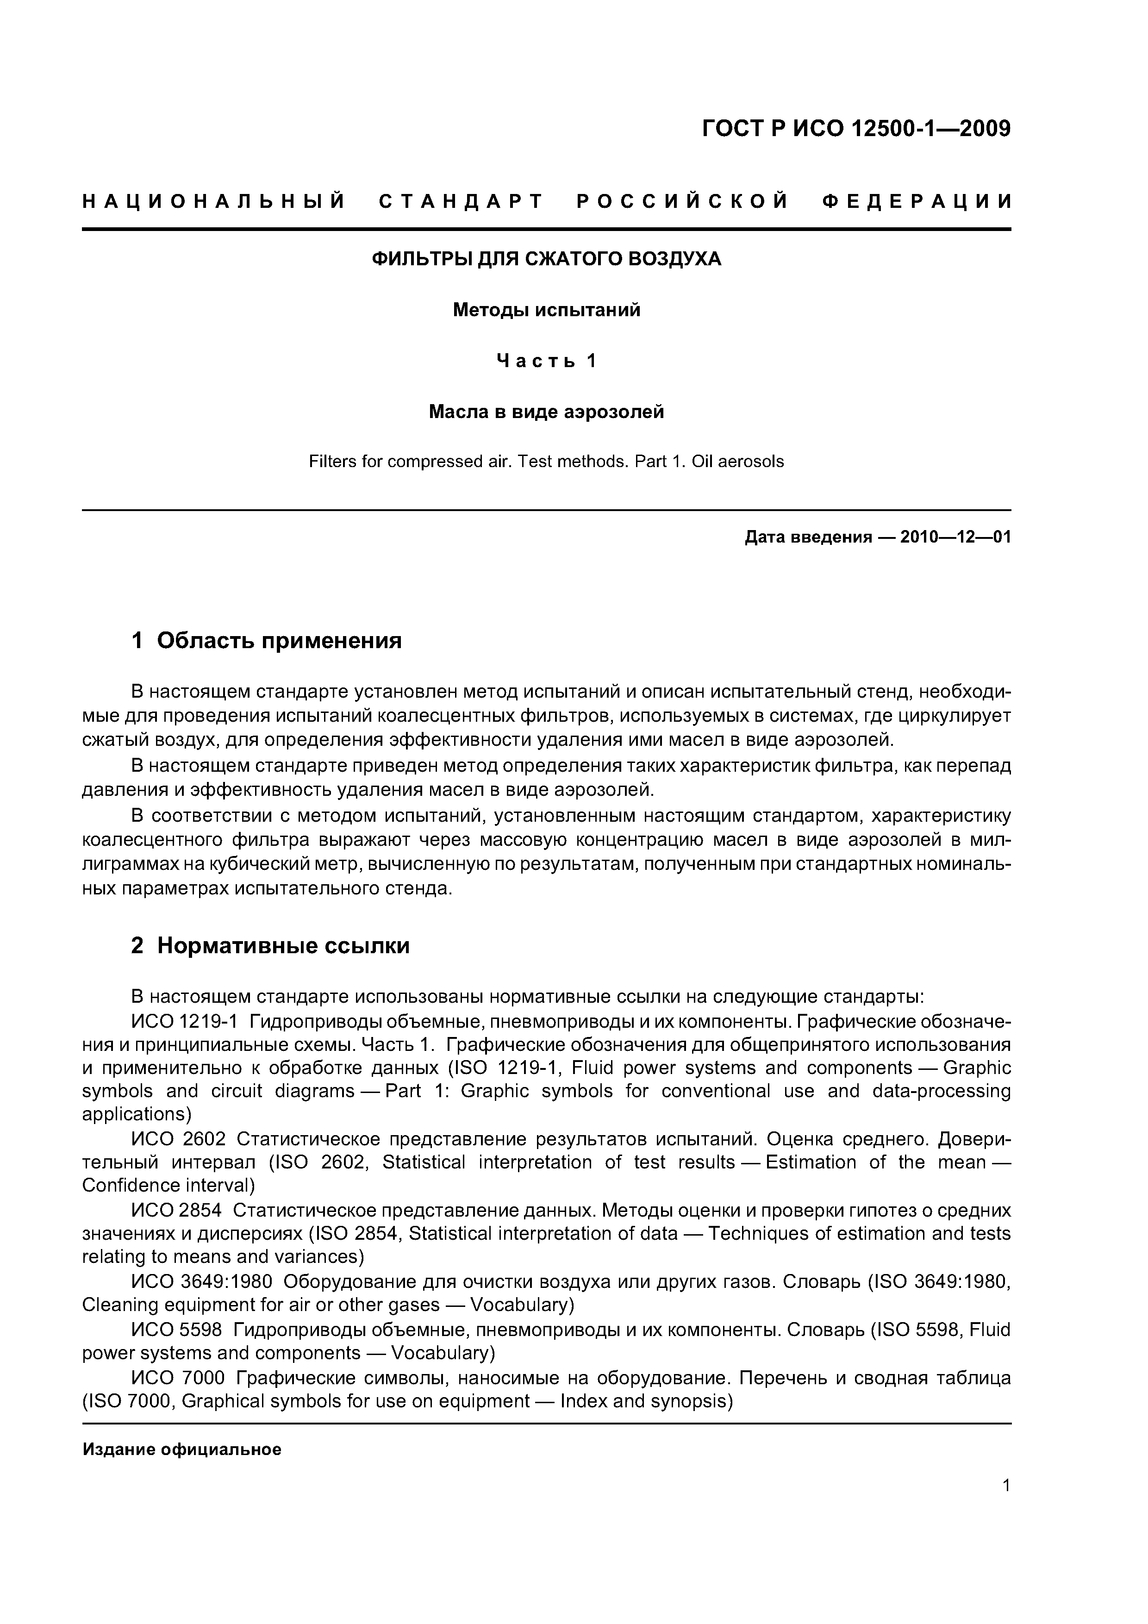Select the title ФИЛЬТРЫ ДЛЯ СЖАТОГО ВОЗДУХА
[546, 259]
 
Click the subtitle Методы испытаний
[546, 310]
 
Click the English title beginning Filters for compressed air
[546, 462]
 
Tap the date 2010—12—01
[955, 537]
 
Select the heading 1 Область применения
[267, 641]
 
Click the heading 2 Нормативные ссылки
[270, 946]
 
